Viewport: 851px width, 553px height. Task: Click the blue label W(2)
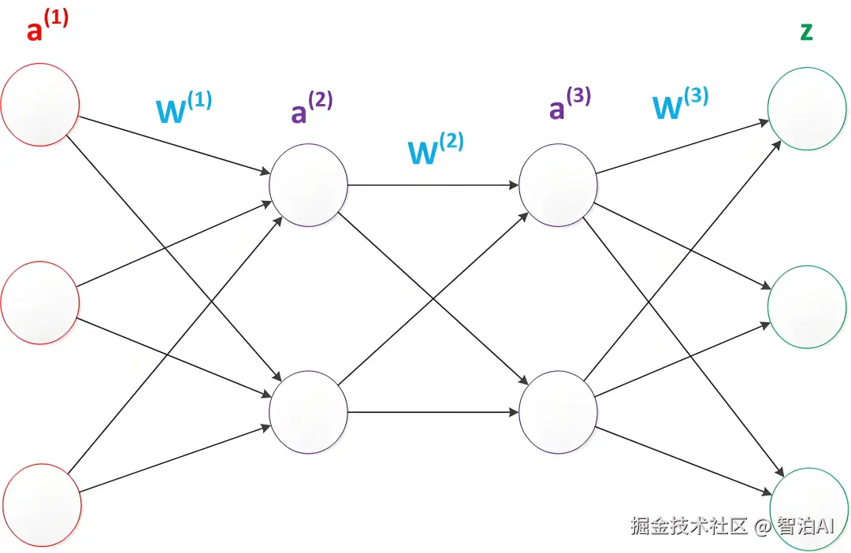(435, 148)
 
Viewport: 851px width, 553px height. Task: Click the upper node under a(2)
(308, 185)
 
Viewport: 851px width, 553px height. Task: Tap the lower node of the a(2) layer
(308, 412)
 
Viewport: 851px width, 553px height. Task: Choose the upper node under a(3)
(559, 185)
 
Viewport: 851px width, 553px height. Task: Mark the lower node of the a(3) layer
(559, 412)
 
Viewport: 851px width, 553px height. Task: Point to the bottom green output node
(808, 507)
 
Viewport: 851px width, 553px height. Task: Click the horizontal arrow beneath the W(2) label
(433, 185)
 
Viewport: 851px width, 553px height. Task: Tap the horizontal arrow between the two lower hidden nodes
(433, 412)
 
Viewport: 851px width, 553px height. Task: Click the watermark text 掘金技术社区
(689, 525)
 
